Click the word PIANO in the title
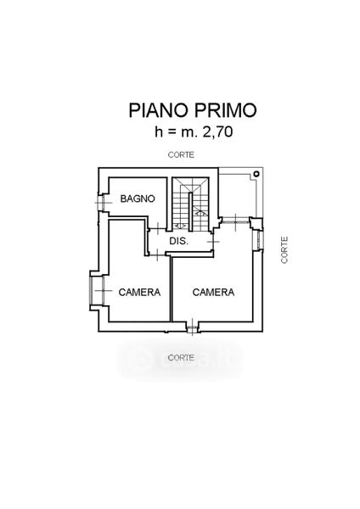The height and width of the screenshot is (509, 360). pyautogui.click(x=159, y=110)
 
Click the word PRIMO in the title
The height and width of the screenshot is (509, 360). pyautogui.click(x=226, y=110)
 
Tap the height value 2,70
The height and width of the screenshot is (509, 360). pyautogui.click(x=217, y=132)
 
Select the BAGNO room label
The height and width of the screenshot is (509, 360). pyautogui.click(x=138, y=199)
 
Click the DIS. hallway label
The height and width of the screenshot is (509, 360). pyautogui.click(x=178, y=241)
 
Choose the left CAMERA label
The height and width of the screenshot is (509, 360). pyautogui.click(x=139, y=292)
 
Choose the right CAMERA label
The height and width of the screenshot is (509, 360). pyautogui.click(x=213, y=292)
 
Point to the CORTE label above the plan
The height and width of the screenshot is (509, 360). pyautogui.click(x=181, y=155)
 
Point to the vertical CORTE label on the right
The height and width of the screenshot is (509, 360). pyautogui.click(x=284, y=249)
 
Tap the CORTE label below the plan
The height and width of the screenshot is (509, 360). pyautogui.click(x=181, y=358)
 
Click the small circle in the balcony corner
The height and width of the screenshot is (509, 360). pyautogui.click(x=257, y=174)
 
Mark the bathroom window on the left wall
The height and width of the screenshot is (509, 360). pyautogui.click(x=101, y=203)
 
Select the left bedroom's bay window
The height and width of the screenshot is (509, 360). pyautogui.click(x=97, y=290)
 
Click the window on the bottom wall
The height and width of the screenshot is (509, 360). pyautogui.click(x=193, y=327)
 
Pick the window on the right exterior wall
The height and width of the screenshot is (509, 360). pyautogui.click(x=259, y=239)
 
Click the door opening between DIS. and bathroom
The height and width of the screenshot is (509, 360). pyautogui.click(x=157, y=229)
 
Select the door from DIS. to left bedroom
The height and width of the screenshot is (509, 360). pyautogui.click(x=157, y=255)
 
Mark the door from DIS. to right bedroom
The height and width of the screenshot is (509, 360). pyautogui.click(x=213, y=241)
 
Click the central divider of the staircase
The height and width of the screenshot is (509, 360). pyautogui.click(x=191, y=211)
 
